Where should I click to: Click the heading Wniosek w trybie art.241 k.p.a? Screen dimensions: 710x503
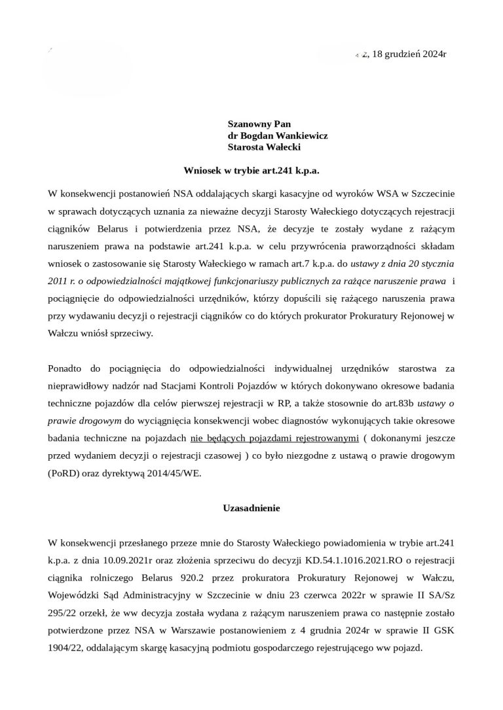point(251,171)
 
